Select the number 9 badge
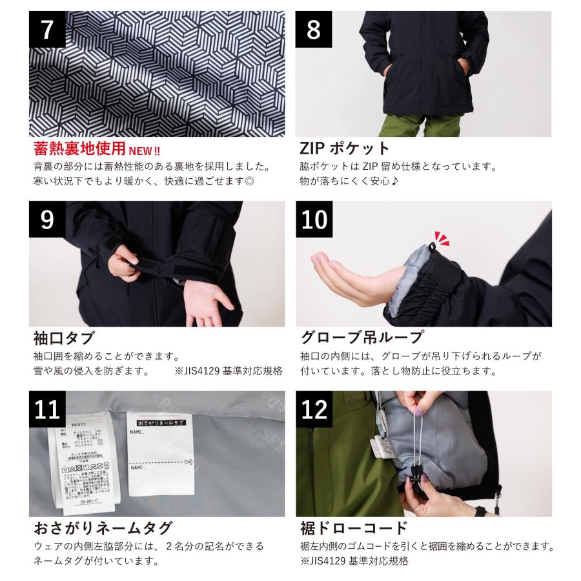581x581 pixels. click(x=47, y=219)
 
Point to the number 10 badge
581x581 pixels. click(x=314, y=219)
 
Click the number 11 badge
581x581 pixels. click(x=47, y=409)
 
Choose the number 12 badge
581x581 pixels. click(x=314, y=409)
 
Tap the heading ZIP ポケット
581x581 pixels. click(x=345, y=148)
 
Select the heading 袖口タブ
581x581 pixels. click(x=64, y=338)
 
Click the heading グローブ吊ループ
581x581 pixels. click(x=362, y=338)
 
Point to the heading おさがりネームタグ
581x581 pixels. click(x=103, y=528)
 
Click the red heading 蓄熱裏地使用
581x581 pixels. click(x=79, y=150)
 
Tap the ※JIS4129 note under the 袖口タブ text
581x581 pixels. click(x=229, y=372)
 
